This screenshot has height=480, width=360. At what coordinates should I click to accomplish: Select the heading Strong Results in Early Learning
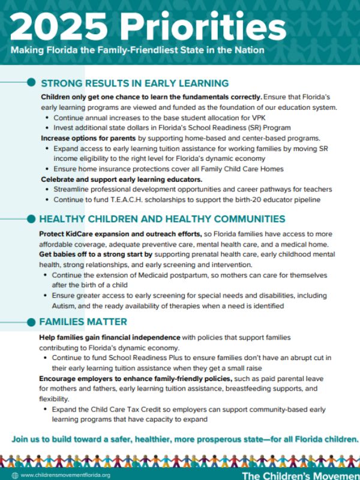point(134,83)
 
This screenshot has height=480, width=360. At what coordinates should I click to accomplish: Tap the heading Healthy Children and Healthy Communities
point(162,219)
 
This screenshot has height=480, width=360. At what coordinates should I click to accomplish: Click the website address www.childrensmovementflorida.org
point(65,475)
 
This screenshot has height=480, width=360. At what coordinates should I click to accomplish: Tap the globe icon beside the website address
point(14,475)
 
